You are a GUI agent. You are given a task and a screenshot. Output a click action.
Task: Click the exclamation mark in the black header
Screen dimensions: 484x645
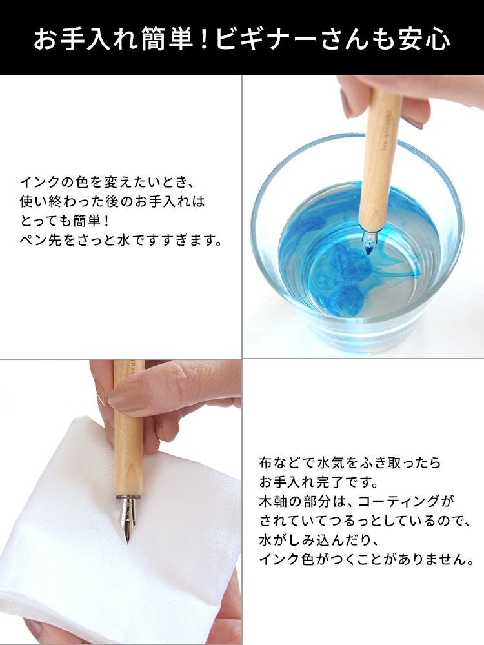point(205,40)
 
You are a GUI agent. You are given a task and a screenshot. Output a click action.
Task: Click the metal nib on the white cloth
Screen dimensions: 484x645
point(128,519)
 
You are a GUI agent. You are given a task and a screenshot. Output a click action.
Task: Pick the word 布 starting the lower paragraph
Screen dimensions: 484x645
point(265,462)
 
